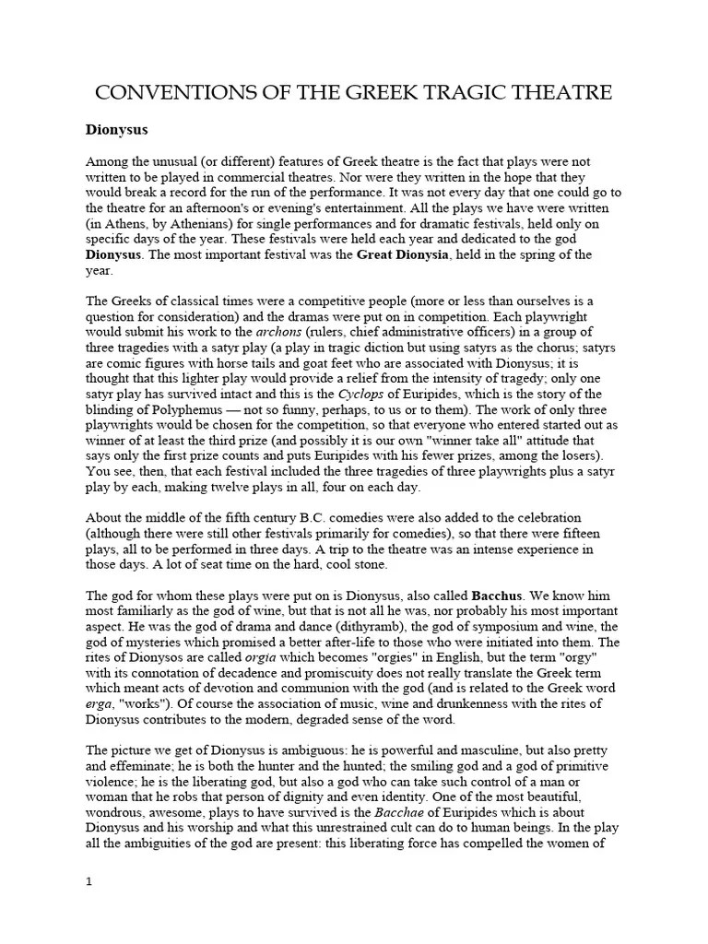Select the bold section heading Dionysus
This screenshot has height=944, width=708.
point(116,130)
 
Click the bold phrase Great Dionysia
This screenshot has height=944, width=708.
point(401,254)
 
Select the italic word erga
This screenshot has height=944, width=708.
point(100,704)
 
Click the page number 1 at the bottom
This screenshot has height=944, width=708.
point(89,882)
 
